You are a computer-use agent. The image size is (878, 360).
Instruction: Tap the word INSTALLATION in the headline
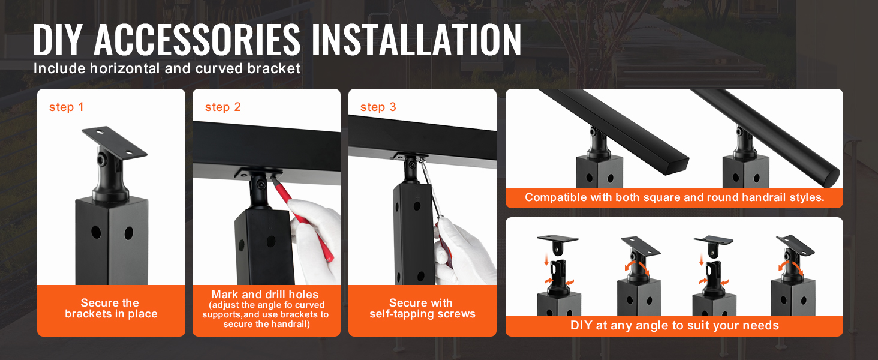416,40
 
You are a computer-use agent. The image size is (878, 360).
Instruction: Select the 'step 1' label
66,107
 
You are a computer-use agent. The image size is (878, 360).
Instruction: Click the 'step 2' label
222,107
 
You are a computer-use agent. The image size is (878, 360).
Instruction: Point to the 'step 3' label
378,107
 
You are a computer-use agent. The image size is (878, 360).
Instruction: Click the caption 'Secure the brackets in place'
111,308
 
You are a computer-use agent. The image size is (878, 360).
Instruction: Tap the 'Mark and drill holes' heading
265,295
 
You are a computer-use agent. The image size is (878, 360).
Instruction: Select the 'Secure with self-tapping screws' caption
422,308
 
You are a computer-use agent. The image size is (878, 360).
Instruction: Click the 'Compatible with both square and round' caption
674,197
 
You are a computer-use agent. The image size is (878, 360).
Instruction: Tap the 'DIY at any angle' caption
674,325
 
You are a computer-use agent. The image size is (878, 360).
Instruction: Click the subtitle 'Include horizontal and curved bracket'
167,68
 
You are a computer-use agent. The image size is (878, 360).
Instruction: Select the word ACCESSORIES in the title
197,40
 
